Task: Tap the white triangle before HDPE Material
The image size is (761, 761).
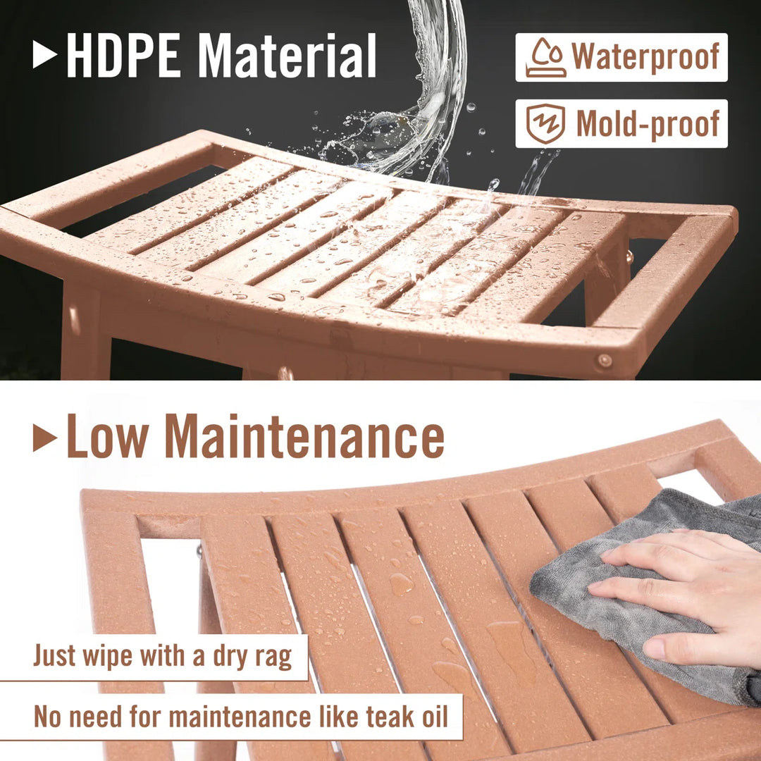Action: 44,56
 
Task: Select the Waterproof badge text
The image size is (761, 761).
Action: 645,57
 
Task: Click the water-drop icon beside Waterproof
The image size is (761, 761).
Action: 545,58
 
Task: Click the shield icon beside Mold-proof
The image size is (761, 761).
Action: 547,123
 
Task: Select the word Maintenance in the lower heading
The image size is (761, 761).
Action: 304,437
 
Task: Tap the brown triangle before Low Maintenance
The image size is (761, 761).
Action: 44,438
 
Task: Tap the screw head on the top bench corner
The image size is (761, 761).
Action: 604,361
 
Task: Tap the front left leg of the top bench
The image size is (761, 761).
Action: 85,338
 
